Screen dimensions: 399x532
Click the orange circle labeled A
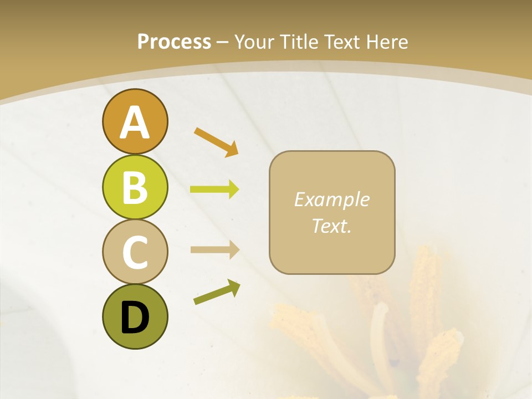click(x=135, y=121)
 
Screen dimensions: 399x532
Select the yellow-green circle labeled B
click(x=135, y=187)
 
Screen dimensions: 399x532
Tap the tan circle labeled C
click(x=135, y=252)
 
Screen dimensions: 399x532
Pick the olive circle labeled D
click(x=135, y=316)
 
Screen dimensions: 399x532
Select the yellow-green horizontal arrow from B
click(x=214, y=190)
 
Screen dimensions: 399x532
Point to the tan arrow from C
click(x=214, y=250)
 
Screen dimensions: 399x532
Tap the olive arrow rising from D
click(x=217, y=292)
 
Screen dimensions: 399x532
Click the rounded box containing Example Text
click(x=332, y=212)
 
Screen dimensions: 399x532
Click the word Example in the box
click(x=332, y=199)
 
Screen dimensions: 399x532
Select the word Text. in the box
click(x=332, y=226)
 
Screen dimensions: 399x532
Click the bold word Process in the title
click(x=174, y=42)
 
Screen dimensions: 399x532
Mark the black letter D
click(x=135, y=318)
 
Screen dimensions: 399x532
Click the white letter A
click(x=135, y=122)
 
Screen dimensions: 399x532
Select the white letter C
click(x=135, y=252)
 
